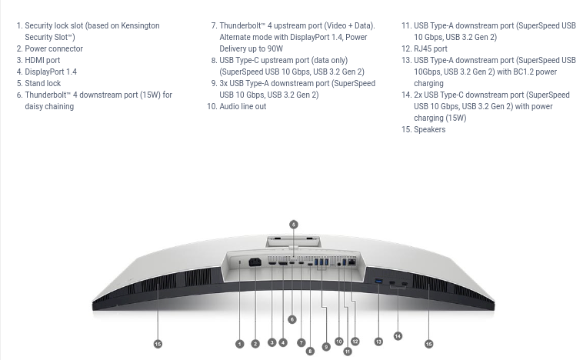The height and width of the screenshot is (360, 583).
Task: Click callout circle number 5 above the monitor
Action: point(293,225)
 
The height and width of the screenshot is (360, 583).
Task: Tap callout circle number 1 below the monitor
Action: point(239,344)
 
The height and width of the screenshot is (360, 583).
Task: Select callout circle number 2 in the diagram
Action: point(255,344)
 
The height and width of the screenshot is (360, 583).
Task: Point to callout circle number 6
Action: point(292,319)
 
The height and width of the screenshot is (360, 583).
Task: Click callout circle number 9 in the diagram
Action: point(326,347)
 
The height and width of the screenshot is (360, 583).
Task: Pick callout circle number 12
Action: point(355,342)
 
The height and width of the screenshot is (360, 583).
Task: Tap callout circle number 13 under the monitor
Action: point(378,342)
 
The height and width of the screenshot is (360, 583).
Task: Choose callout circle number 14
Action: point(398,335)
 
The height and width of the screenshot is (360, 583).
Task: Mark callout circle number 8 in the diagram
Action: point(310,351)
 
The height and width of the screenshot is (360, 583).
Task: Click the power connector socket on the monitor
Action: point(255,263)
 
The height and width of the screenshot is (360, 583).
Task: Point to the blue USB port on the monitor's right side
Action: point(378,281)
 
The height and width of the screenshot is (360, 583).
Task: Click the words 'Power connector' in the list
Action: point(54,48)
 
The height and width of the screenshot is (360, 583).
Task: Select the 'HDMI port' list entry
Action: point(42,60)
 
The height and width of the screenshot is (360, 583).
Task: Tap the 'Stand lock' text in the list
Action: point(43,83)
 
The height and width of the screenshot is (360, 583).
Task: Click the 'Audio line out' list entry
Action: point(243,106)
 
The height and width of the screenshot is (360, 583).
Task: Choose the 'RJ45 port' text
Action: point(431,48)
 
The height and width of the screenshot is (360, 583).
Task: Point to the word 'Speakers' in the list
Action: point(430,129)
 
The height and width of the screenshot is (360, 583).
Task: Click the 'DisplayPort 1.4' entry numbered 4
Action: point(51,72)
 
